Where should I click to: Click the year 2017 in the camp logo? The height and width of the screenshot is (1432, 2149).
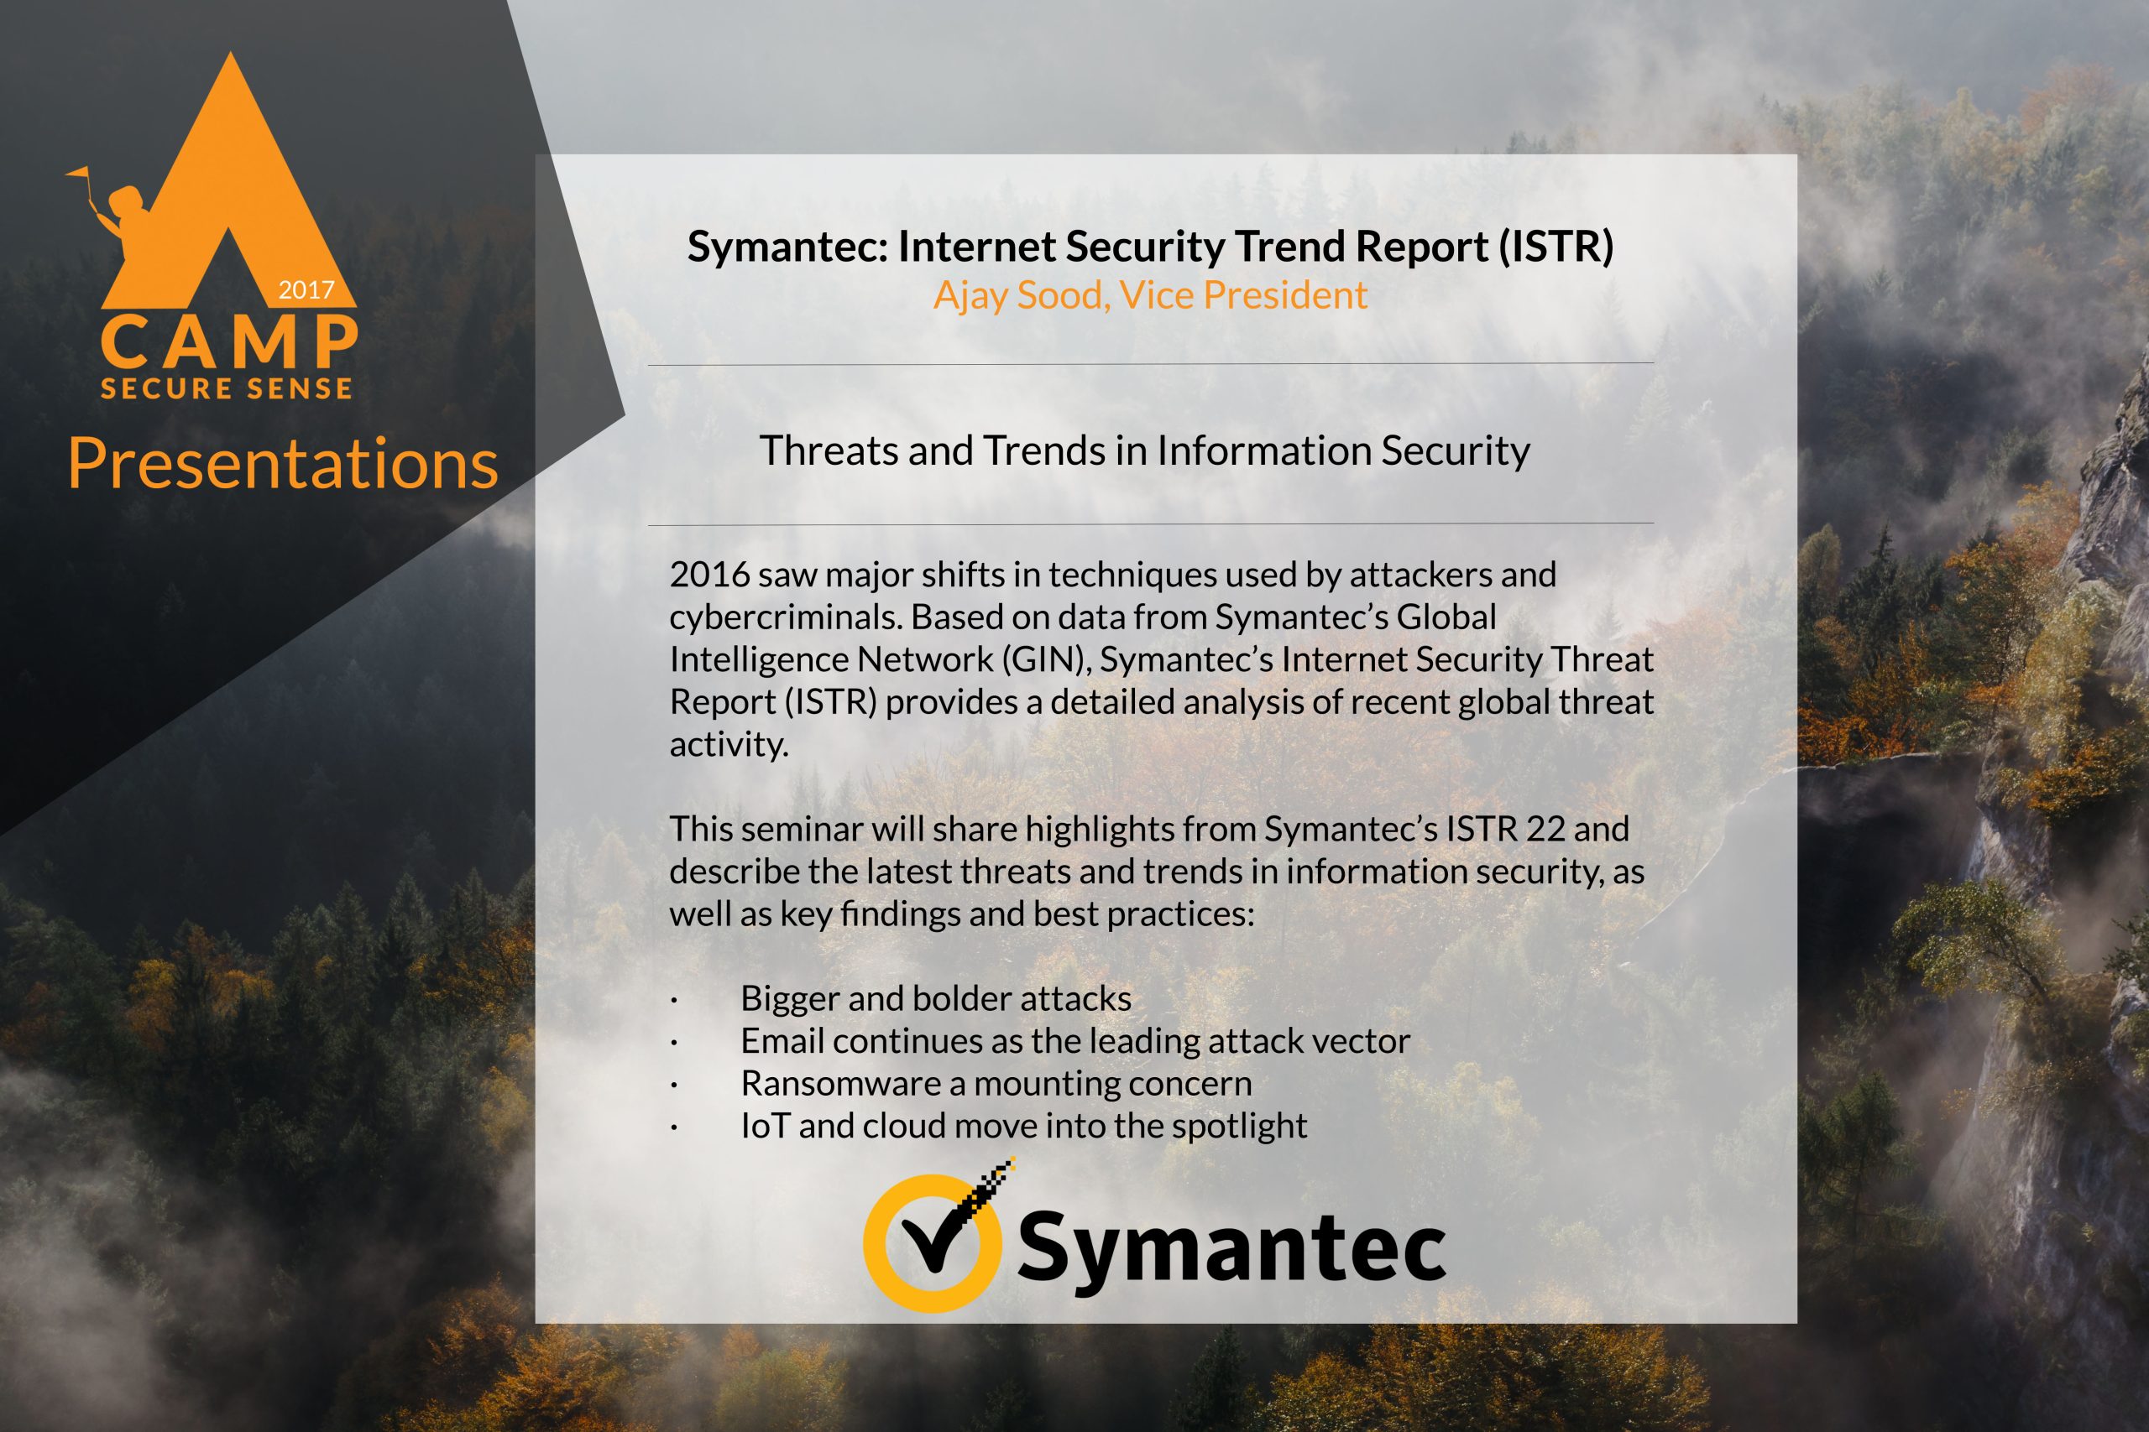tap(306, 290)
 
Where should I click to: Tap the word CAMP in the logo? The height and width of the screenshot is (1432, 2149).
tap(228, 340)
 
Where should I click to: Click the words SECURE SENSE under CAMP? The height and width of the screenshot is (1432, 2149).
tap(227, 389)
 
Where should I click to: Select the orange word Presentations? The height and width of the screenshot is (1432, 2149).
tap(283, 463)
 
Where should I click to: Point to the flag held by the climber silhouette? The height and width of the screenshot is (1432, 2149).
tap(79, 172)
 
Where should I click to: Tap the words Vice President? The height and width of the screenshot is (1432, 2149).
tap(1243, 295)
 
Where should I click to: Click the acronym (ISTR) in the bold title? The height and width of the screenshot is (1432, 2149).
tap(1556, 247)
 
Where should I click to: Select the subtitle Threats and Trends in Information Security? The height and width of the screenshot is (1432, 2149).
tap(1145, 451)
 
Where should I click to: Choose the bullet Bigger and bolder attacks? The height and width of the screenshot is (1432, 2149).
tap(936, 998)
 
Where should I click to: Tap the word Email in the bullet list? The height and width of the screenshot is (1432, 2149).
tap(782, 1041)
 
